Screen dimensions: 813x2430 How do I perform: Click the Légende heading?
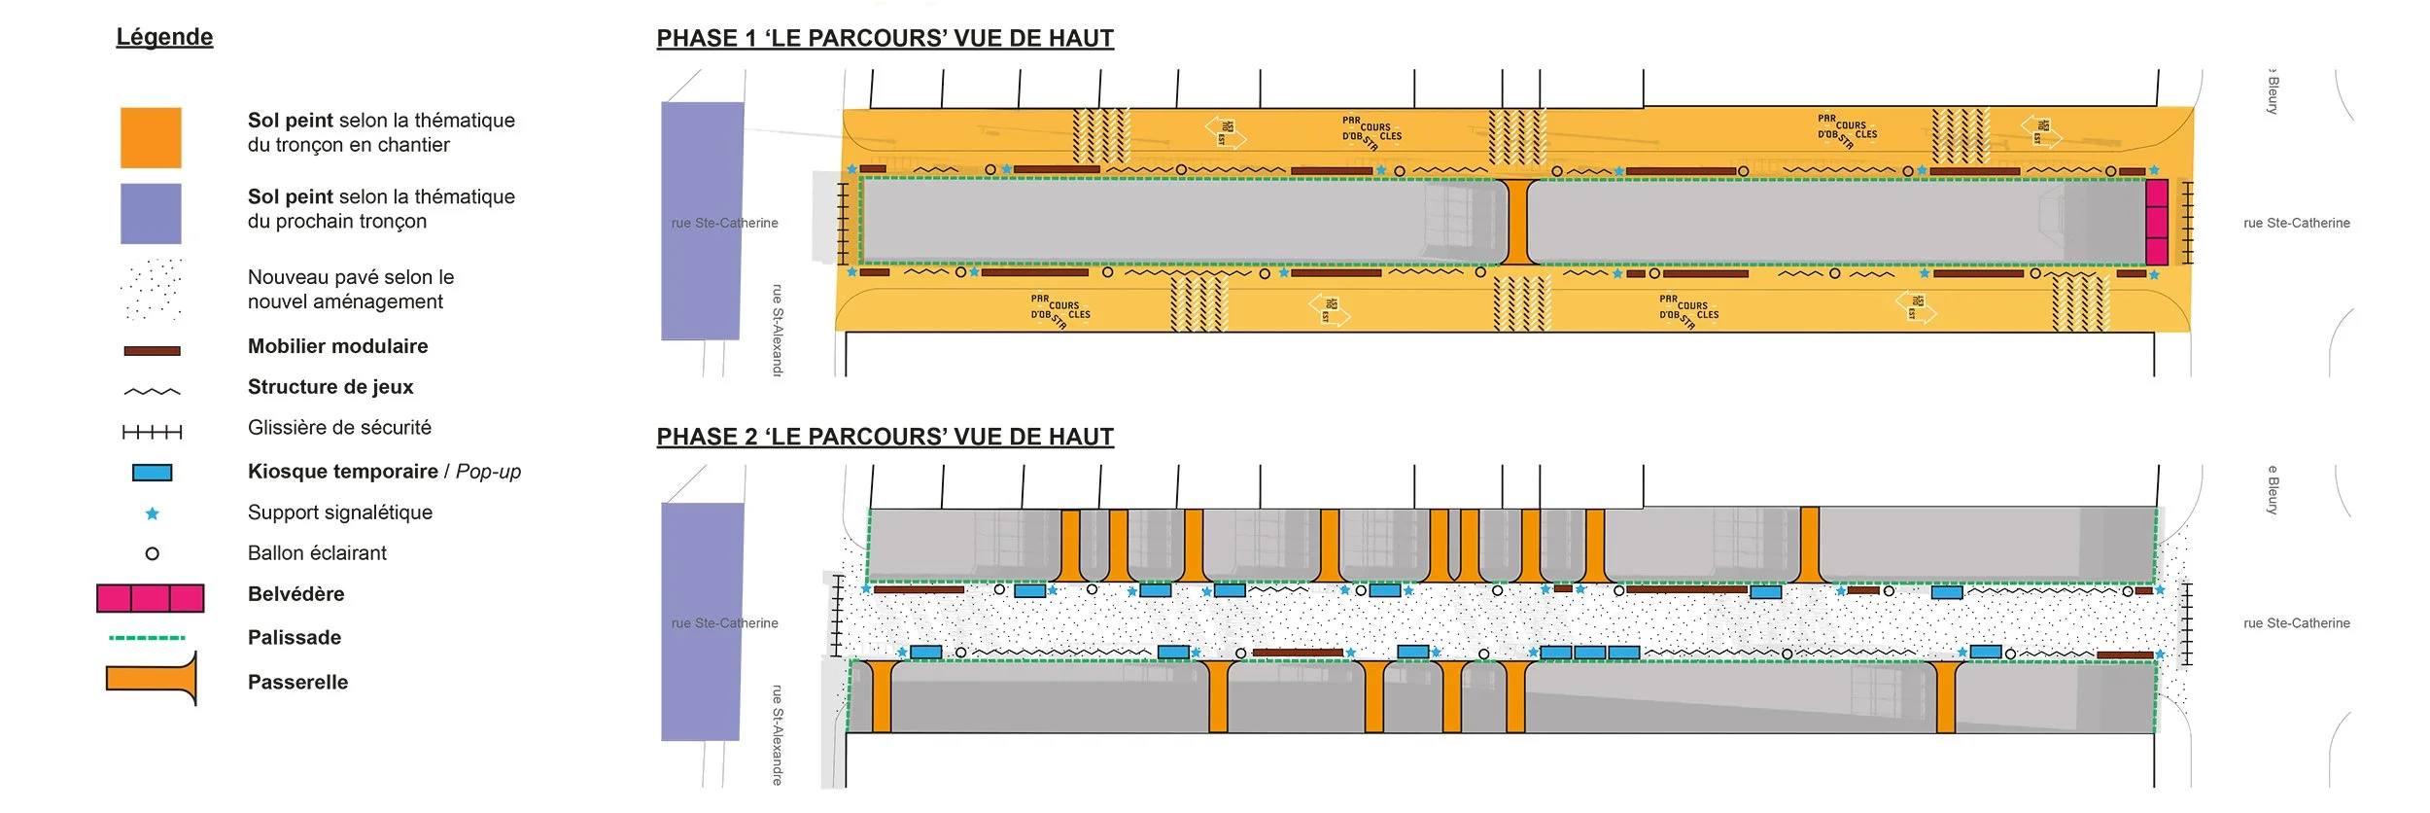pyautogui.click(x=164, y=37)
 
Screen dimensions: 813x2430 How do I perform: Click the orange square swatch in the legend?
pyautogui.click(x=151, y=137)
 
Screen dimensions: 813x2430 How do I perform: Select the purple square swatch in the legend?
pyautogui.click(x=151, y=213)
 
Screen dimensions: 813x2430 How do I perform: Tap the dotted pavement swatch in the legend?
pyautogui.click(x=152, y=289)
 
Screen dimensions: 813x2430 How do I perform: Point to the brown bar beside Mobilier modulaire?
pyautogui.click(x=152, y=351)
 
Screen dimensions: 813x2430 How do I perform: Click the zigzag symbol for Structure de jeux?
pyautogui.click(x=152, y=392)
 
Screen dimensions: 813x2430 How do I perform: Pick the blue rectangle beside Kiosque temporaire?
pyautogui.click(x=152, y=473)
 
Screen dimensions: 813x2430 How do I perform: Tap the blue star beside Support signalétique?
pyautogui.click(x=152, y=513)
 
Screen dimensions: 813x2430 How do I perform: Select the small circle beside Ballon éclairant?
pyautogui.click(x=152, y=553)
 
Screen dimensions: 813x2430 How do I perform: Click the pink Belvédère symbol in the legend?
pyautogui.click(x=151, y=598)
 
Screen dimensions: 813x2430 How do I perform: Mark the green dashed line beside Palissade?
pyautogui.click(x=147, y=638)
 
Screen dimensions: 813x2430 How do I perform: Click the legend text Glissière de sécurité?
pyautogui.click(x=339, y=428)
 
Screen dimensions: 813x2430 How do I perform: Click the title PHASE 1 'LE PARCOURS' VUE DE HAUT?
pyautogui.click(x=885, y=38)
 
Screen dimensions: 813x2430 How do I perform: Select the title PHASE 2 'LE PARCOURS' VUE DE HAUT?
pyautogui.click(x=885, y=437)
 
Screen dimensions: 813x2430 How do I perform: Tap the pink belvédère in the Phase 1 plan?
pyautogui.click(x=2156, y=222)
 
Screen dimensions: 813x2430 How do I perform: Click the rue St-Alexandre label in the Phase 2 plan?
pyautogui.click(x=777, y=734)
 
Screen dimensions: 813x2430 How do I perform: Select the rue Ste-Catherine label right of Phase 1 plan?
pyautogui.click(x=2296, y=223)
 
